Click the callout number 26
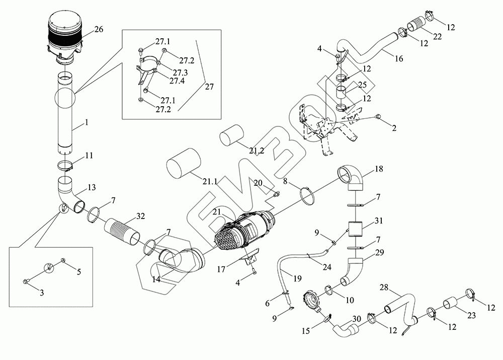[99, 29]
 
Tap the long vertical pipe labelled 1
[64, 116]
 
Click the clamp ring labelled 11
[66, 165]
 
